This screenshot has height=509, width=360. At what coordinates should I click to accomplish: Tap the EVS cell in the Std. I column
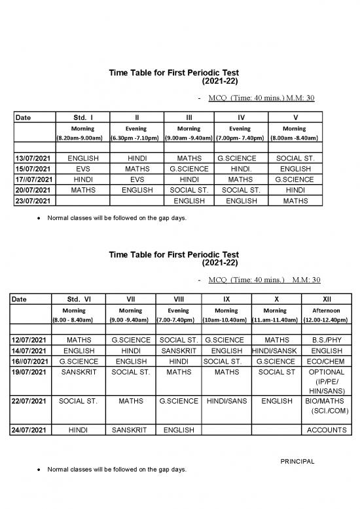pyautogui.click(x=82, y=169)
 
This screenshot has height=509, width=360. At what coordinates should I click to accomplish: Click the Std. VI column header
pyautogui.click(x=82, y=299)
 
